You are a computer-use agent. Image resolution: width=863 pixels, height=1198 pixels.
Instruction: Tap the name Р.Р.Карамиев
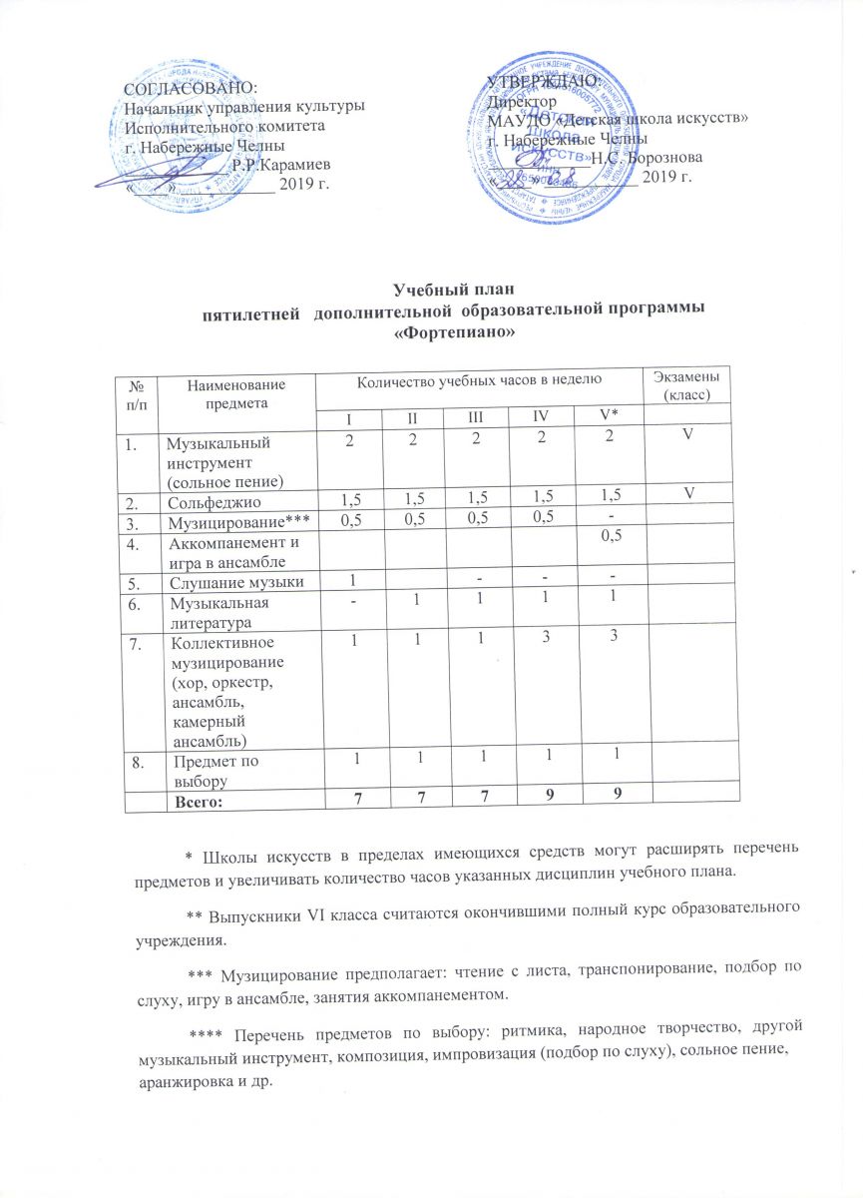[x=281, y=164]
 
